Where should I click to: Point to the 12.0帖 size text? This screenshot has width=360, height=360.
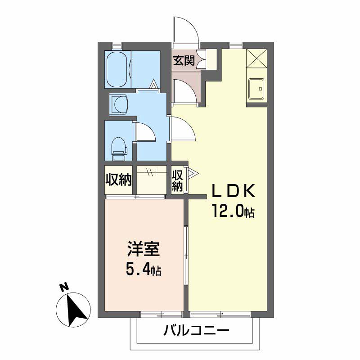pos(233,211)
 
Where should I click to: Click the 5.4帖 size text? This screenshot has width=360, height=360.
pos(144,270)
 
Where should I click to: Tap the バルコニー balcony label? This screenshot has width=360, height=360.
pos(196,332)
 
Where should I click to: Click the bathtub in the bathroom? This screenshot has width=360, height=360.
pos(118,69)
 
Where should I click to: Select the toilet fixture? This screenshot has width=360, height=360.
pos(118,148)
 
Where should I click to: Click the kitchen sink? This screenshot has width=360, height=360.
pos(256,90)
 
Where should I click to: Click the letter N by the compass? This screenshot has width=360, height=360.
pos(64,286)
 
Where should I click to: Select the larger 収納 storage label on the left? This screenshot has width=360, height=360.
pos(118,180)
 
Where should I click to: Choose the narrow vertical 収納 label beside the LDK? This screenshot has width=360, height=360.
pos(178,180)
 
